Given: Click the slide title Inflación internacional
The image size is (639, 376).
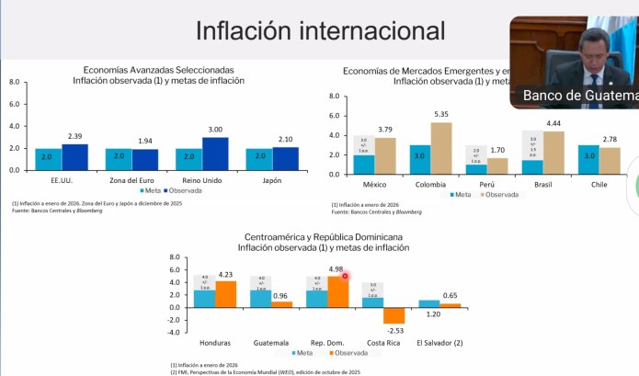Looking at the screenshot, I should point(320,30).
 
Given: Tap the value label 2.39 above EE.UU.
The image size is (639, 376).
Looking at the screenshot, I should point(75,137).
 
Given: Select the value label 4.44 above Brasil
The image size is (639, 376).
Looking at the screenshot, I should point(554,123).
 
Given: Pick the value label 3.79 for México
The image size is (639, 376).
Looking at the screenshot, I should point(385,130).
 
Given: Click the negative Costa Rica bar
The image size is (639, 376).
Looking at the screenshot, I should point(395,315).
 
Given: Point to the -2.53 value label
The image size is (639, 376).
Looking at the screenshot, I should point(395,330).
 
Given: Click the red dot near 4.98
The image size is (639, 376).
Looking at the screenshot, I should point(346,275).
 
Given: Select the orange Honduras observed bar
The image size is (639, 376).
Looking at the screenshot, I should point(225,294).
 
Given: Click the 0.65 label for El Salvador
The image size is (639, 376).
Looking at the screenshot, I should point(451,296).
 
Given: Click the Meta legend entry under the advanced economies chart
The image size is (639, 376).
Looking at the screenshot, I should point(149,191).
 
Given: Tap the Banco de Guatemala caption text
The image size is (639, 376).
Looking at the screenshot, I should point(579,96).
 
